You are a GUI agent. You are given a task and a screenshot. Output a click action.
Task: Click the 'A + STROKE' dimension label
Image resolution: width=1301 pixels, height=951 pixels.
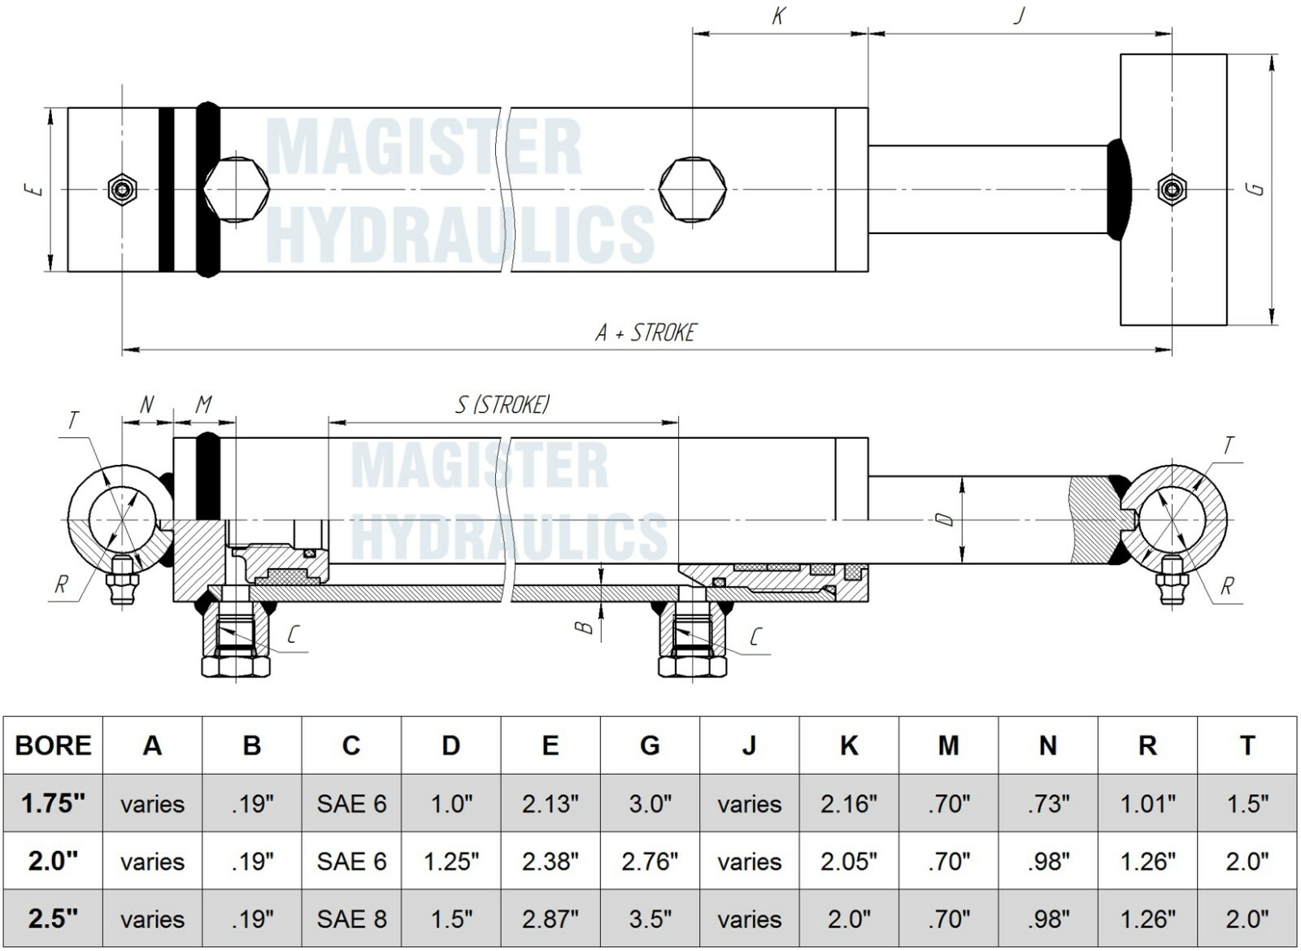click(x=646, y=332)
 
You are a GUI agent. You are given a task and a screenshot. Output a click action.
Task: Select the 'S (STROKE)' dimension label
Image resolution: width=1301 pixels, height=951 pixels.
click(x=503, y=404)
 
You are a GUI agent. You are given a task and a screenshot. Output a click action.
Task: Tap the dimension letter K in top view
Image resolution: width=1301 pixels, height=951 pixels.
click(x=778, y=16)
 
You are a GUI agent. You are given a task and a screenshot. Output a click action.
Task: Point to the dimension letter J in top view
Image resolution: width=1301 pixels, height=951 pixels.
click(x=1019, y=15)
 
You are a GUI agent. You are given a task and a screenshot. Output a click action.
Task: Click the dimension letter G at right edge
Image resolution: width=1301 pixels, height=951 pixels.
click(x=1256, y=189)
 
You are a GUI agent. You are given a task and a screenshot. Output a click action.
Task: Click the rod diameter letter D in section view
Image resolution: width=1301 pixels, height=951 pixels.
click(x=945, y=519)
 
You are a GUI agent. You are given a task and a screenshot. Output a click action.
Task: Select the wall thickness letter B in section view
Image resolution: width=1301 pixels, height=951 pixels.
click(x=583, y=627)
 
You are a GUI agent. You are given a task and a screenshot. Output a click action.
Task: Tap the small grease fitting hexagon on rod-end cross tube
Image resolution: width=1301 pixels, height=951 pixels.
click(x=1171, y=189)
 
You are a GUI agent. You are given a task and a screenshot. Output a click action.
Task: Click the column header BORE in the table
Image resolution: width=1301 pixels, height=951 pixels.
click(x=53, y=745)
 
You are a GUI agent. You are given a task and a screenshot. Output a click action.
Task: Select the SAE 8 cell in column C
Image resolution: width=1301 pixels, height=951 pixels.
click(x=351, y=918)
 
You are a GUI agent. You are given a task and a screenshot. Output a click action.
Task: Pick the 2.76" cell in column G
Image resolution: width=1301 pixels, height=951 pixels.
click(x=650, y=861)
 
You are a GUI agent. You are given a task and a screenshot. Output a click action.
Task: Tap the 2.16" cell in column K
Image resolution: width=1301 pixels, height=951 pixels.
click(x=848, y=804)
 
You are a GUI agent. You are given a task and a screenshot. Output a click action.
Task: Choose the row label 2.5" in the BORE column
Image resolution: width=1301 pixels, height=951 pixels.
click(x=53, y=918)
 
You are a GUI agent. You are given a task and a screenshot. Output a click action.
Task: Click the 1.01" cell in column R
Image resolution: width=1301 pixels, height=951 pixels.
click(x=1147, y=804)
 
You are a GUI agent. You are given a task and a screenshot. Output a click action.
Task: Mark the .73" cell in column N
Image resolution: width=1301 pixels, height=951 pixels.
click(x=1047, y=804)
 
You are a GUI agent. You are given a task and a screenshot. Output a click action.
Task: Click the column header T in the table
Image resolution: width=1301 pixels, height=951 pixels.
click(x=1247, y=745)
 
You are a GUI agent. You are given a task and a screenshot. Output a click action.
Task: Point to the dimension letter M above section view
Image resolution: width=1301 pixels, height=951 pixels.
click(x=204, y=404)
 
